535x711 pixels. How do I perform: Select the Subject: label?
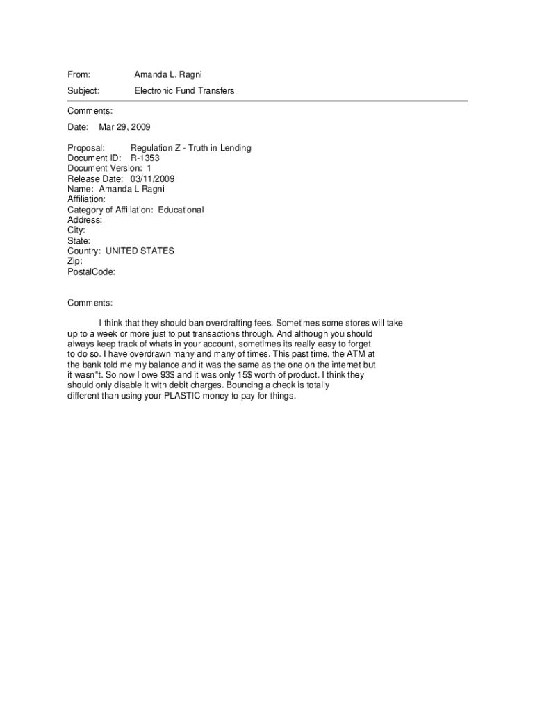(x=83, y=91)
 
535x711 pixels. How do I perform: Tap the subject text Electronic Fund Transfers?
(x=184, y=91)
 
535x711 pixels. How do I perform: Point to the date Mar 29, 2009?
(x=124, y=127)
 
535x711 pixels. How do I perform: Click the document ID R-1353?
(x=145, y=158)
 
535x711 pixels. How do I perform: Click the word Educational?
(x=181, y=210)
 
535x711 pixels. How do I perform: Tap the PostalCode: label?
(x=91, y=271)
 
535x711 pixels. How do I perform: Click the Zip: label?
(x=75, y=261)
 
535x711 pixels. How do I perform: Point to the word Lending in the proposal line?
(x=236, y=148)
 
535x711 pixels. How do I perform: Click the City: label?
(x=76, y=231)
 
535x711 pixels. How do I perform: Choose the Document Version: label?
(x=104, y=169)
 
